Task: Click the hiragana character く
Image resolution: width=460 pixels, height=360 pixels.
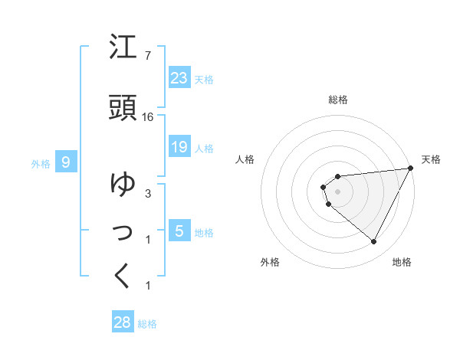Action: pos(123,276)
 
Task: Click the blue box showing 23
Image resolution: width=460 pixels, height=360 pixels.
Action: pos(179,78)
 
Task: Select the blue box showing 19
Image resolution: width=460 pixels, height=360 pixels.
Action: pos(179,146)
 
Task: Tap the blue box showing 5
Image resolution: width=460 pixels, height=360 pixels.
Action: pos(179,231)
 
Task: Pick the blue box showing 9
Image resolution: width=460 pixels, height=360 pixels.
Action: pos(66,162)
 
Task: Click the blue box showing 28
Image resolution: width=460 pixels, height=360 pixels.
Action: pos(123,322)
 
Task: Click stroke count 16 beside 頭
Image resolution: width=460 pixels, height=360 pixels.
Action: pos(149,117)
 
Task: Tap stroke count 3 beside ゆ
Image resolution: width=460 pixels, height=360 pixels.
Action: pos(148,193)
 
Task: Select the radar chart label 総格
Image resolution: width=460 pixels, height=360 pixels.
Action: pos(338,100)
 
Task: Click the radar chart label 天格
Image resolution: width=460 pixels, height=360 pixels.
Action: pos(431,159)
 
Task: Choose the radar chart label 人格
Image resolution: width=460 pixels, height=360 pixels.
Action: pos(245,159)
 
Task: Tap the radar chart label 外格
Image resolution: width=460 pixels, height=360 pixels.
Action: pos(270,262)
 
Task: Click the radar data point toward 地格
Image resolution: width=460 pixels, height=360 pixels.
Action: pos(374,242)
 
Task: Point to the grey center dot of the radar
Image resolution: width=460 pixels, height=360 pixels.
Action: pos(338,191)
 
